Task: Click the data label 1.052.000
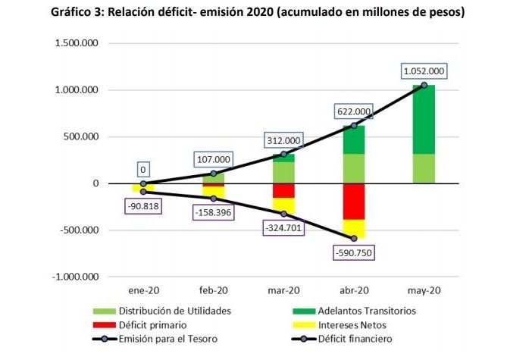coord(424,72)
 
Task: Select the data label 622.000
coord(353,111)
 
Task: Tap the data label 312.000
coord(283,140)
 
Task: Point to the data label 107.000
coord(213,161)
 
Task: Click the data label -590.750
coord(353,252)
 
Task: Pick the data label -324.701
coord(283,227)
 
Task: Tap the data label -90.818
coord(142,205)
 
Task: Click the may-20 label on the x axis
coord(424,290)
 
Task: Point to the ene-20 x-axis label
coord(142,290)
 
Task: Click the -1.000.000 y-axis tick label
coord(75,277)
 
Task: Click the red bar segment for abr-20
coord(353,202)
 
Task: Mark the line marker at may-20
coord(424,85)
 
